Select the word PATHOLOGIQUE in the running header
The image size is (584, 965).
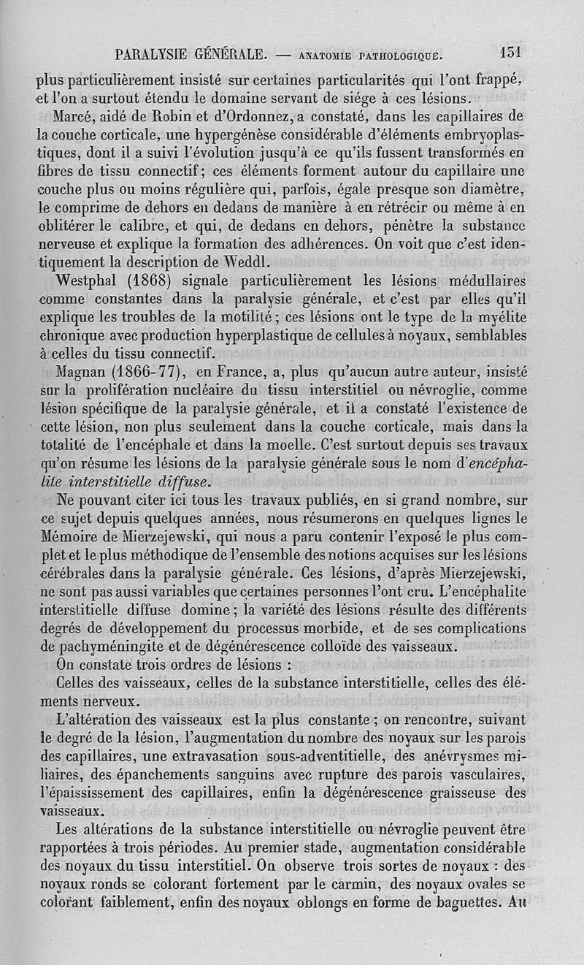click(395, 56)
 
